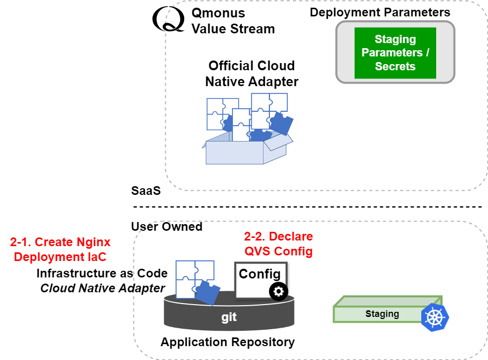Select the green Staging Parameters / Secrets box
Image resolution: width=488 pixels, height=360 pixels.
point(395,53)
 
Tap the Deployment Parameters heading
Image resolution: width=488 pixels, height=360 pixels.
point(380,12)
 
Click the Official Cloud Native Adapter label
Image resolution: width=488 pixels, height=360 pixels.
point(251,73)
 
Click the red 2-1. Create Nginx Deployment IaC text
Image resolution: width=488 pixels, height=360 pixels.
point(60,249)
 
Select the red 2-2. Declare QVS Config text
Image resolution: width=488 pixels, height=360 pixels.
point(278,244)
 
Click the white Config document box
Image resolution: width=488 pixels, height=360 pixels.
point(260,279)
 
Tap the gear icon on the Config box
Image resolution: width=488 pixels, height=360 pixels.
point(279,291)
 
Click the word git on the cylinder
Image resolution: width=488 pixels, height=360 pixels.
point(229,317)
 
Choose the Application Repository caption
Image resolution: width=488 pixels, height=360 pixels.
point(227,342)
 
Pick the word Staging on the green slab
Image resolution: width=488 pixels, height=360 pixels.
point(382,314)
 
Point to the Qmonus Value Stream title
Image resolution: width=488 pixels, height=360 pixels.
point(233,21)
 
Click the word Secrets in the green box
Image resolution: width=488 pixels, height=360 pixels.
point(395,66)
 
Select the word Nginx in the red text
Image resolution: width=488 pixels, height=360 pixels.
point(93,242)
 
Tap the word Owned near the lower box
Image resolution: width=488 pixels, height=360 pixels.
point(182,226)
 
